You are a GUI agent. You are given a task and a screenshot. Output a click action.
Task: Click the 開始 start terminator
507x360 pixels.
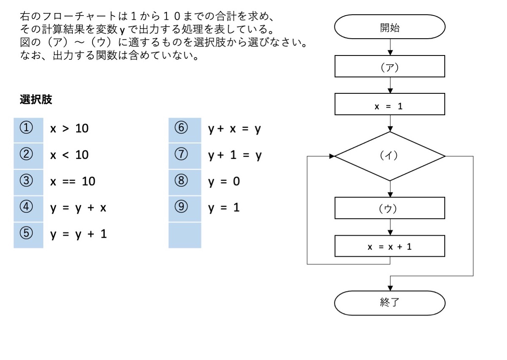click(390, 29)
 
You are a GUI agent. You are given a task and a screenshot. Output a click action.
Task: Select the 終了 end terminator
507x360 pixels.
click(390, 304)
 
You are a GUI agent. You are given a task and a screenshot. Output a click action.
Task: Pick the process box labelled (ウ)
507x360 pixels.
click(390, 209)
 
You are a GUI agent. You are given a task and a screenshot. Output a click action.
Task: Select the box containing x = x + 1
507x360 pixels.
click(390, 246)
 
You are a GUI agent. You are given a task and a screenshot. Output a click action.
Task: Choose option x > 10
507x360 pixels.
click(70, 129)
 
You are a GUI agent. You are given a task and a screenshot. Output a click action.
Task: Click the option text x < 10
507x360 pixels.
click(70, 155)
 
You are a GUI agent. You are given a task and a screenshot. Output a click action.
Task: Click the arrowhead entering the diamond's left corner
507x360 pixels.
click(332, 156)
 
